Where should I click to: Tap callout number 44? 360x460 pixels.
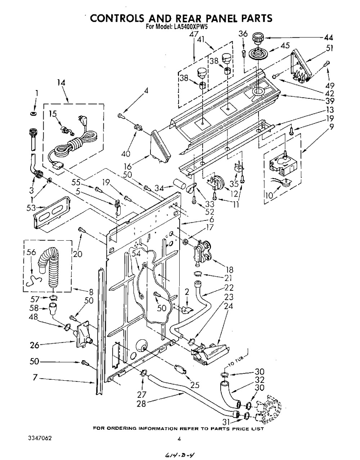click(328, 38)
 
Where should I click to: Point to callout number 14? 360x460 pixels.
click(61, 83)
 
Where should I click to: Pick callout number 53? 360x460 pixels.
click(31, 208)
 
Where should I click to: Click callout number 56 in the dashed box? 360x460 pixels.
click(31, 252)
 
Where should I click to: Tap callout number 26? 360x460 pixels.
click(35, 345)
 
